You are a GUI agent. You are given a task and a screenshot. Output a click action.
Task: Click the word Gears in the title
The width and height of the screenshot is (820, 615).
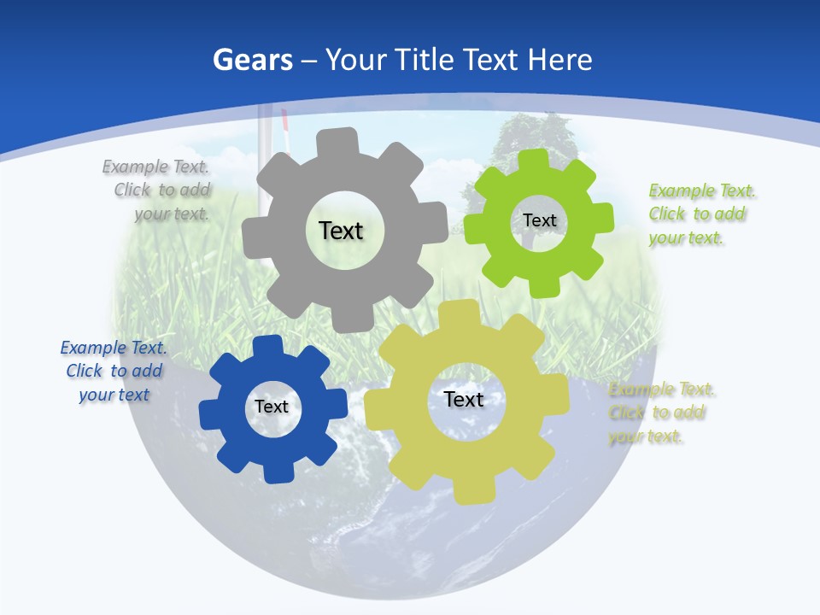(252, 61)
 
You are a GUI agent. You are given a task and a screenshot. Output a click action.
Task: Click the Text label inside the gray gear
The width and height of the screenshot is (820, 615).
(341, 231)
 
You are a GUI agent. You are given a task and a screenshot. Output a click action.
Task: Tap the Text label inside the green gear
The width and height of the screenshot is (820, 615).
(539, 220)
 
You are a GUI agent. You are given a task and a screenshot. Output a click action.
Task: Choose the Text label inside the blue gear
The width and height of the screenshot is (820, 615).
(272, 407)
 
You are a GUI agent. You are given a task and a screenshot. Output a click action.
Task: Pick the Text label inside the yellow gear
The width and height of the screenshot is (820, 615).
(464, 399)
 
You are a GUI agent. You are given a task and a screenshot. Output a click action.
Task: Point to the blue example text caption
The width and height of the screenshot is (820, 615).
(114, 371)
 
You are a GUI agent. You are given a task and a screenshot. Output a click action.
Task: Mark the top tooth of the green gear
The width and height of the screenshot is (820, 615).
(534, 161)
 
